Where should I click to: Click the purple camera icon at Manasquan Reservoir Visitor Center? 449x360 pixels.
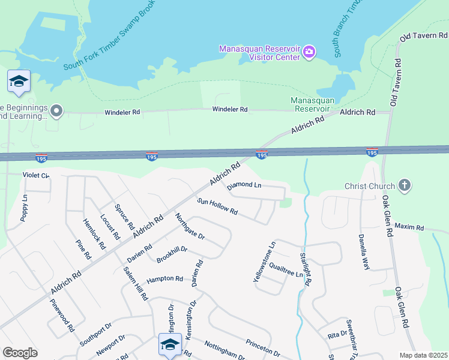(x=309, y=52)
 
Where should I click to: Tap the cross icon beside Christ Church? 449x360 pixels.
(x=405, y=185)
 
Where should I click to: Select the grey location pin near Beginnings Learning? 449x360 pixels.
(x=56, y=110)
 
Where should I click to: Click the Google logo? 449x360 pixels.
(x=20, y=353)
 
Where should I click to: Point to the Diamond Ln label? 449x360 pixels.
(x=244, y=184)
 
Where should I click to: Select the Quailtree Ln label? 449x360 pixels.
(x=286, y=269)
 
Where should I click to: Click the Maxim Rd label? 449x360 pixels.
(x=409, y=227)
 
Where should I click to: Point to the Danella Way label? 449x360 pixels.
(x=363, y=252)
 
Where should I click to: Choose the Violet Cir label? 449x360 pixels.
(x=35, y=175)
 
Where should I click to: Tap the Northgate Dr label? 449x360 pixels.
(x=190, y=227)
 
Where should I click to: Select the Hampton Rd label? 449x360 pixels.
(x=164, y=279)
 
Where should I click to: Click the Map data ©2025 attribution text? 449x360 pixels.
(x=423, y=355)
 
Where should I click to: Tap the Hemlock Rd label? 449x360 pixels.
(x=94, y=234)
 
